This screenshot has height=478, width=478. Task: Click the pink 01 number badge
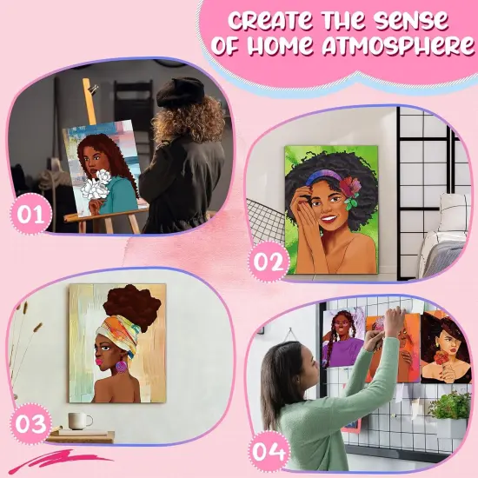pos(31,216)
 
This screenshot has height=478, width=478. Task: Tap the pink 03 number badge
pos(31,424)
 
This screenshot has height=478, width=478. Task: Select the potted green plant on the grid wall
pos(450,404)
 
